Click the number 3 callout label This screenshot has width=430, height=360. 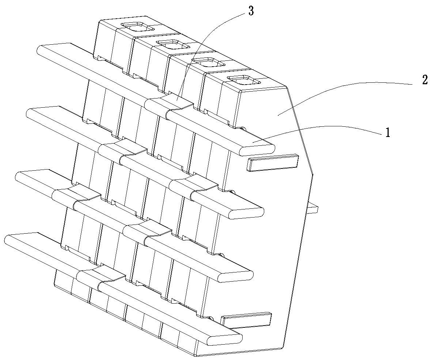click(x=251, y=11)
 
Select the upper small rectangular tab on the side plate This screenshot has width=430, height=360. click(x=273, y=163)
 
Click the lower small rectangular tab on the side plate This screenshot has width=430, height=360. click(x=246, y=320)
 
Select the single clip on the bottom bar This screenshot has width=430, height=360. click(x=101, y=278)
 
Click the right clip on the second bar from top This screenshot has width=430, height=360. click(x=193, y=186)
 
